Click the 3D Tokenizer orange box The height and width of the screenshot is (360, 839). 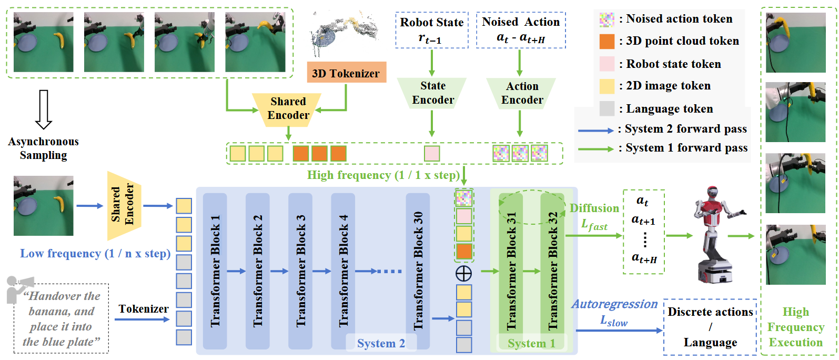(x=346, y=73)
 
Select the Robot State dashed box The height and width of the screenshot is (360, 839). (x=431, y=31)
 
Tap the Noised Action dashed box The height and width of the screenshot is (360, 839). (x=521, y=31)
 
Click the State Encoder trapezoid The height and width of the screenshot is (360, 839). (x=432, y=93)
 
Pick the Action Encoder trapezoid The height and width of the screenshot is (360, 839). (x=521, y=93)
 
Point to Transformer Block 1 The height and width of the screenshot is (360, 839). (x=215, y=271)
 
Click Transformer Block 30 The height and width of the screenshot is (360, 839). (x=418, y=271)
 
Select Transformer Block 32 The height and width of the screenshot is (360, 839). (x=552, y=271)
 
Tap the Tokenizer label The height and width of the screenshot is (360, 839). (x=143, y=309)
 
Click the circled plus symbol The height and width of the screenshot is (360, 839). (x=463, y=273)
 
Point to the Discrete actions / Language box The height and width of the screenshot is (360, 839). (x=710, y=327)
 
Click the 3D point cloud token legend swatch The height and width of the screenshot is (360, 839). (x=607, y=41)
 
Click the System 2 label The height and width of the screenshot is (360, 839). (x=380, y=344)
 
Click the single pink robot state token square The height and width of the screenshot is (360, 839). (x=432, y=153)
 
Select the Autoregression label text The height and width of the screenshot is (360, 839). (x=614, y=304)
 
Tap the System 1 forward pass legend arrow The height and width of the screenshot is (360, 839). (x=595, y=149)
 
